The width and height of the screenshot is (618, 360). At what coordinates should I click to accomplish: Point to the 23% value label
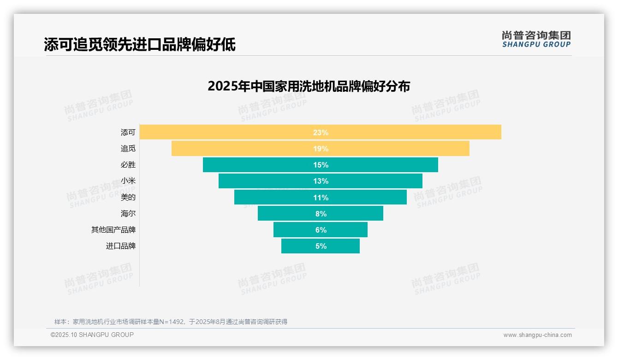(x=321, y=132)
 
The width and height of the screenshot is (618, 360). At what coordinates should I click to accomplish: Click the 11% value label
(x=321, y=198)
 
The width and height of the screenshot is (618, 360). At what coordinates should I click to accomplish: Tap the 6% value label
(x=321, y=230)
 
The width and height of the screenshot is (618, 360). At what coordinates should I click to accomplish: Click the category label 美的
(x=128, y=197)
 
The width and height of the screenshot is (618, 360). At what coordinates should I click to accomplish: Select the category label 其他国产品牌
(x=113, y=229)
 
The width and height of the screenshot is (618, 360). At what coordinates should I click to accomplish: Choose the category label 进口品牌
(x=121, y=246)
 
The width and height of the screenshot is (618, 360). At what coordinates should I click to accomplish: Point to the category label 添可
(x=128, y=132)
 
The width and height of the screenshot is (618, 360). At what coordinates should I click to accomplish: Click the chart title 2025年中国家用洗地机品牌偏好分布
(x=309, y=86)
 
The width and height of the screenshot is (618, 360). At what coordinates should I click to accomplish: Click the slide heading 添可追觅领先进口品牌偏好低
(x=140, y=44)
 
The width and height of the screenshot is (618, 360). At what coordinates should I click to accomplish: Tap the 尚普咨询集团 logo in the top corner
(x=536, y=39)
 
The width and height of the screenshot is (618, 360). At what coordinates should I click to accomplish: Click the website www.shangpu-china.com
(x=537, y=335)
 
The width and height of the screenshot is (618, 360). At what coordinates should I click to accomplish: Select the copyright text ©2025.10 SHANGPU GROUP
(x=92, y=335)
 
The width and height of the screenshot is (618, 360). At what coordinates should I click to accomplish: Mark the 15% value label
(x=321, y=165)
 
